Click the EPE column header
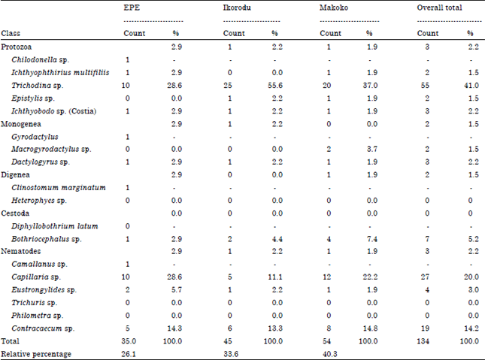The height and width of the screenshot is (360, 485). [132, 8]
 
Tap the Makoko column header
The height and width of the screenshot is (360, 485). [334, 8]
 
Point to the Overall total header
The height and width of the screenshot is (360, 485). [440, 8]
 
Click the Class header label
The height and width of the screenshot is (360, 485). [11, 34]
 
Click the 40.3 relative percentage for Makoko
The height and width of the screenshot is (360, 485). [328, 352]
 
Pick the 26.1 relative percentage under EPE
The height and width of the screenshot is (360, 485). [131, 352]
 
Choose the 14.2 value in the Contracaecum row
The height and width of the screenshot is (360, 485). [469, 327]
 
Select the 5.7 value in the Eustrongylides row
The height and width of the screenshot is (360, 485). [176, 289]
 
